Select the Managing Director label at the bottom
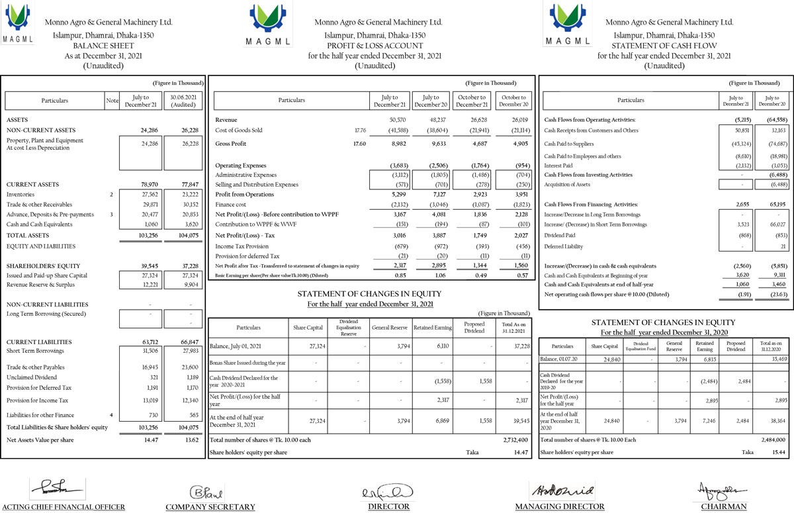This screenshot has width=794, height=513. pyautogui.click(x=560, y=507)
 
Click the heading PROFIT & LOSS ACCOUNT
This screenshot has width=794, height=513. pyautogui.click(x=375, y=46)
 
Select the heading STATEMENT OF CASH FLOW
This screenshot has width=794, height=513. pyautogui.click(x=664, y=46)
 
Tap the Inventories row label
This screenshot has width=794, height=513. pyautogui.click(x=21, y=195)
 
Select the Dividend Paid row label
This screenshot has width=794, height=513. pyautogui.click(x=558, y=235)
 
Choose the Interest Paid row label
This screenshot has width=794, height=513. pyautogui.click(x=559, y=165)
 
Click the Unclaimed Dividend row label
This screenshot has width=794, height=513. pyautogui.click(x=30, y=377)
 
